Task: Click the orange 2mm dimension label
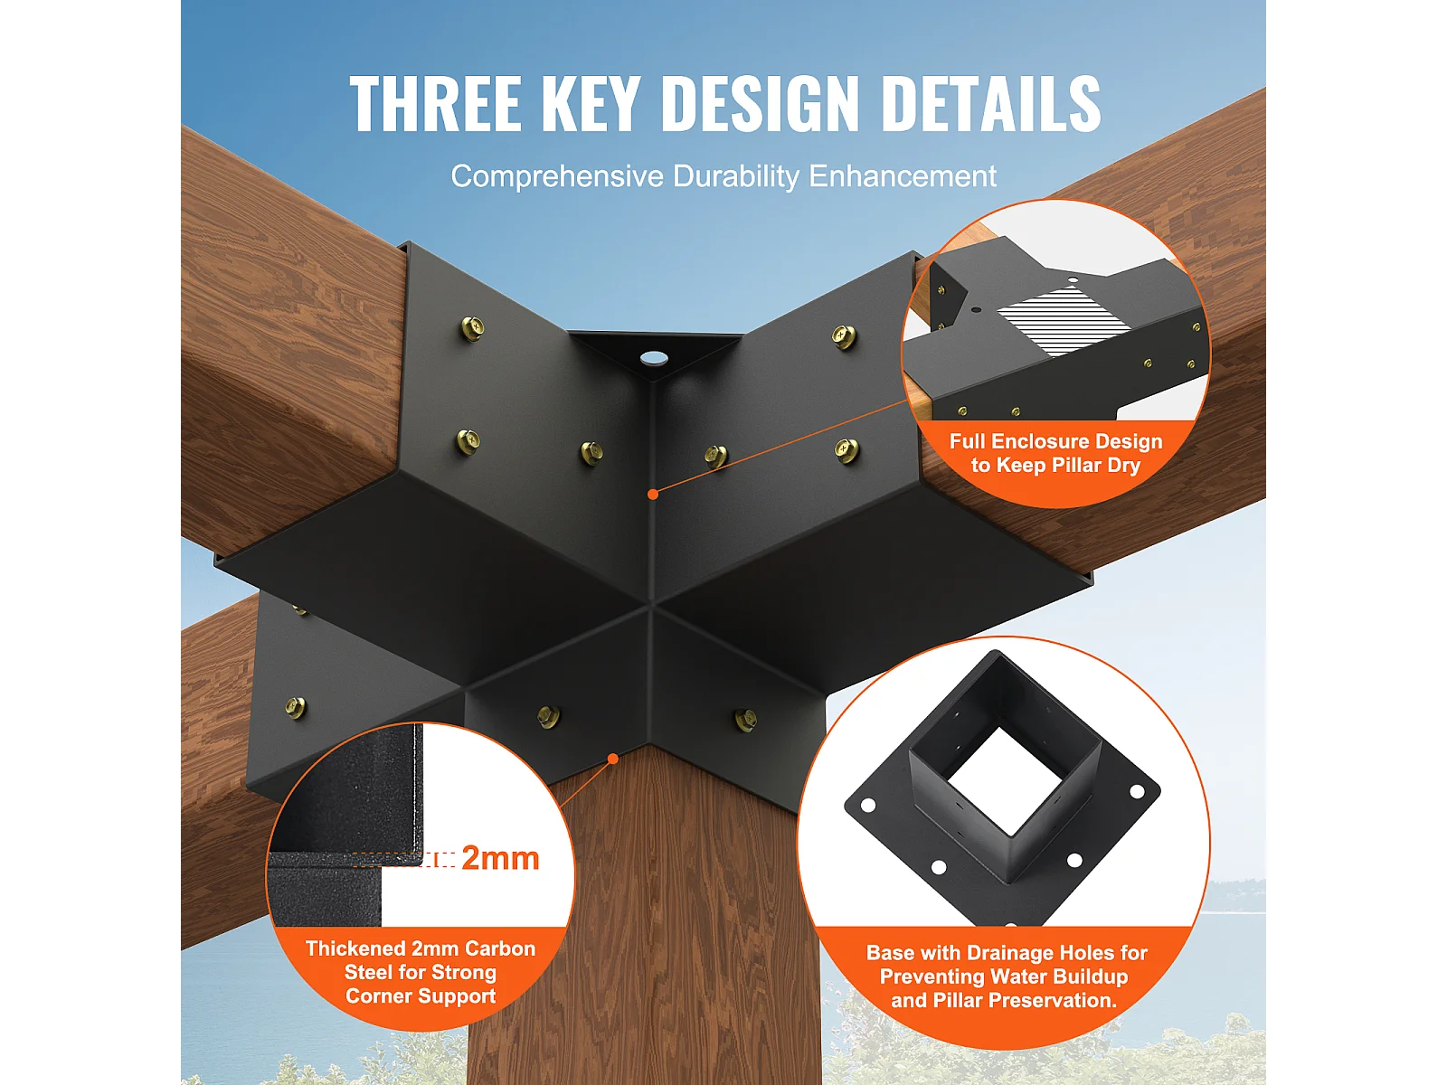[500, 858]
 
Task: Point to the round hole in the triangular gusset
[653, 359]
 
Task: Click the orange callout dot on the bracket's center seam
[653, 494]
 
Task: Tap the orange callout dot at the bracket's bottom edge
[613, 759]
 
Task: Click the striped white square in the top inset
[1064, 321]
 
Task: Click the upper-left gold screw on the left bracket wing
[472, 328]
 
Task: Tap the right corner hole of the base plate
[1137, 791]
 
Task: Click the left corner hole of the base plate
[868, 805]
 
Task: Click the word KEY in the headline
[591, 103]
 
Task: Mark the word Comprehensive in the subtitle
[557, 176]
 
